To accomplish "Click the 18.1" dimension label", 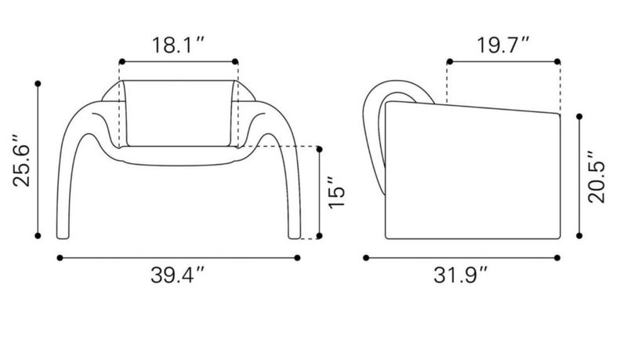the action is pos(179,45).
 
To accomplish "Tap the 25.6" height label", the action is pos(21,161).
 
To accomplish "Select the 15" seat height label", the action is pos(336,192).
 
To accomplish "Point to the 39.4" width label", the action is pos(178,275).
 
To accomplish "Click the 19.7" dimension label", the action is pos(503,45).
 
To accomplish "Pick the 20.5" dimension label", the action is pos(596,176).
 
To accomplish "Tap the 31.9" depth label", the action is pos(461,275).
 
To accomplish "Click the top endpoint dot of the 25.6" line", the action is pos(38,84).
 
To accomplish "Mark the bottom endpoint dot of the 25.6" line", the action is pos(38,236).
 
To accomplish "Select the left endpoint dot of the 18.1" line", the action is pos(122,62).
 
